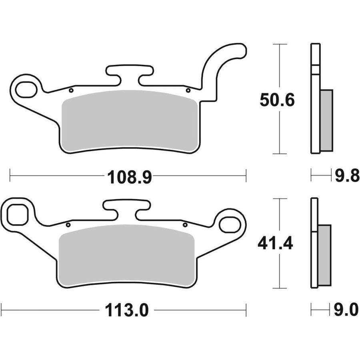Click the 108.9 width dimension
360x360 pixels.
pyautogui.click(x=129, y=177)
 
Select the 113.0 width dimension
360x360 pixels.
pyautogui.click(x=127, y=310)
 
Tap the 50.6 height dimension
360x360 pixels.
pyautogui.click(x=277, y=100)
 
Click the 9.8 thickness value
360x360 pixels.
pyautogui.click(x=347, y=176)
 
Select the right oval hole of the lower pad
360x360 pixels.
pyautogui.click(x=230, y=224)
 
